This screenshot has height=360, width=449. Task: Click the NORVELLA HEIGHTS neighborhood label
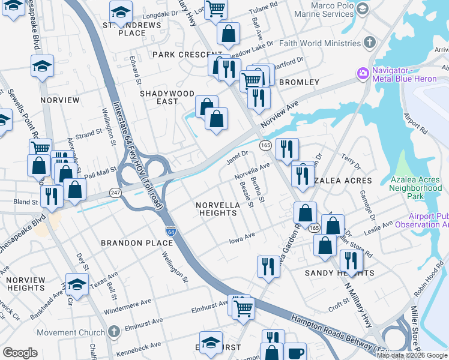click(x=218, y=209)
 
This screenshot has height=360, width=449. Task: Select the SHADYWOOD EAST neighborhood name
click(x=167, y=98)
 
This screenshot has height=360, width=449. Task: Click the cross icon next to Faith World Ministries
click(x=370, y=43)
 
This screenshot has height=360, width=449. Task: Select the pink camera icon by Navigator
click(x=363, y=74)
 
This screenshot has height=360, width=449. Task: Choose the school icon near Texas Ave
click(x=77, y=284)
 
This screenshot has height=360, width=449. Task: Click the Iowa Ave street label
click(x=243, y=239)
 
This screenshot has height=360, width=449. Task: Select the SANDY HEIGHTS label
click(x=339, y=273)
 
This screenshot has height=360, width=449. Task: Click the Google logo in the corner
click(x=20, y=352)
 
